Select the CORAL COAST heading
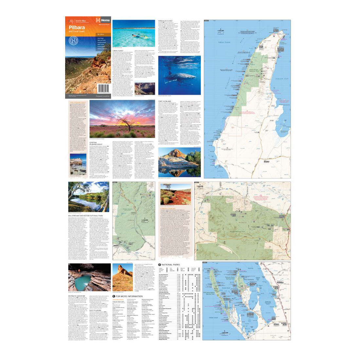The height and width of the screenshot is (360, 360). [118, 51]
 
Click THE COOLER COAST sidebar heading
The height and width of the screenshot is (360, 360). [78, 102]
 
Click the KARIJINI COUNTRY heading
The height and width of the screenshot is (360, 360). [168, 208]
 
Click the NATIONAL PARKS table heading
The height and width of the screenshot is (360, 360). [171, 265]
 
